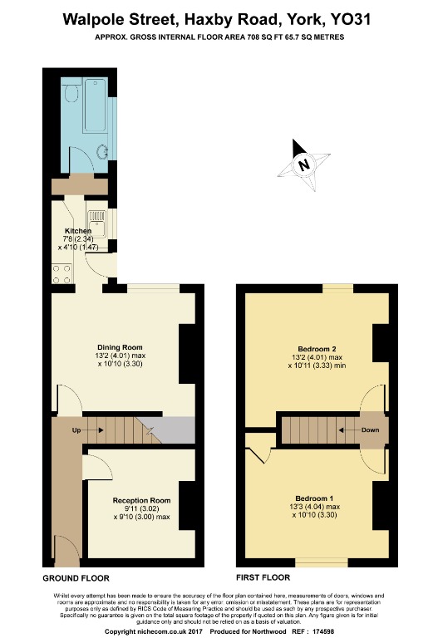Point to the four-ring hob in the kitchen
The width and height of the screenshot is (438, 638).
click(62, 274)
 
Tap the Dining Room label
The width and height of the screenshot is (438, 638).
click(121, 347)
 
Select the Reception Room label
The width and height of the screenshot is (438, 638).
click(141, 500)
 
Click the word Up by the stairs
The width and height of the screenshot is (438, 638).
click(76, 430)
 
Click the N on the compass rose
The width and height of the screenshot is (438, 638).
click(303, 164)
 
